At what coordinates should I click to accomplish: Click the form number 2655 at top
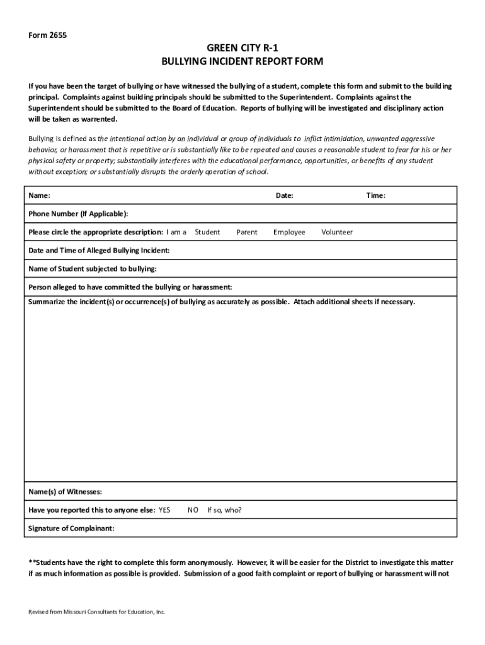pos(47,35)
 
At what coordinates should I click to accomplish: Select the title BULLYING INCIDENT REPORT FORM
pos(243,62)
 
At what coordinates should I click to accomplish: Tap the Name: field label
pos(40,196)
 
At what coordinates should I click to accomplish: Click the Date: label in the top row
pos(284,196)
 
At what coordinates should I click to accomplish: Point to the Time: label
pos(376,196)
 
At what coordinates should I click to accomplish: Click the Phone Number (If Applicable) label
pos(78,214)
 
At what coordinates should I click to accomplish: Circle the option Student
pos(207,232)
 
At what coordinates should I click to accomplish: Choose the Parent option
pos(247,232)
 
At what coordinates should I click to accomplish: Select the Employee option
pos(289,232)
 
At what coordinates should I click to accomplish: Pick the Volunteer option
pos(337,232)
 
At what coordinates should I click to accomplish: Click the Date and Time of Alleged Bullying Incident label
pos(99,251)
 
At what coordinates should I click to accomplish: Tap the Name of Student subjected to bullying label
pos(93,269)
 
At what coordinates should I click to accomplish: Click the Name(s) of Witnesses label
pos(66,492)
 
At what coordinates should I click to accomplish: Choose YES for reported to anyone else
pos(164,510)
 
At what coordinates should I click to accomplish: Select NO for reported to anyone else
pos(193,510)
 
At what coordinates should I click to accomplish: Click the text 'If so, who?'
pos(224,510)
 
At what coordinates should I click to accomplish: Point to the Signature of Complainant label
pos(72,528)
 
